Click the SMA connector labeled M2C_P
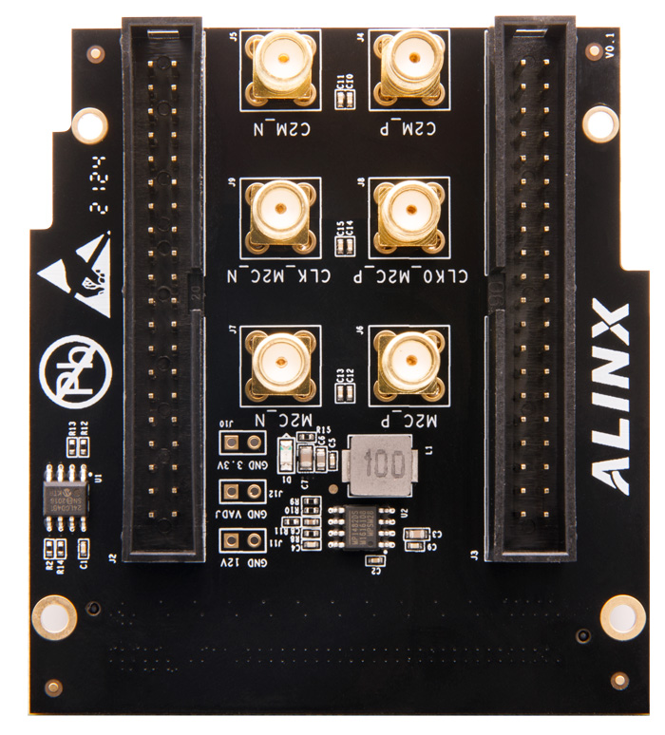408,362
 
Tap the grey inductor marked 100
380,466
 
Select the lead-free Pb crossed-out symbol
75,367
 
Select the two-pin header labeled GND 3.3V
241,443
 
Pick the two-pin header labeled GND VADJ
241,492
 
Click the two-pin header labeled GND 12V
241,539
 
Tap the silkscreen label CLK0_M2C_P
408,276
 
